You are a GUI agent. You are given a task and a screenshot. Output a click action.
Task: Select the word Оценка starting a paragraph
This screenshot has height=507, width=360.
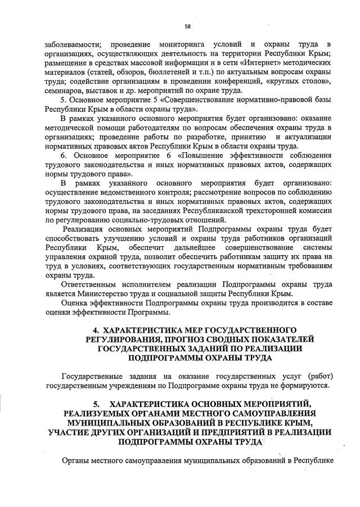coord(75,304)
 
